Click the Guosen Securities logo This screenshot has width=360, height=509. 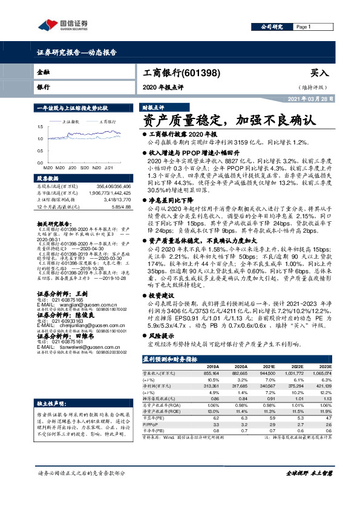pos(62,25)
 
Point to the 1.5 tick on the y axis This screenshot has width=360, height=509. pos(40,126)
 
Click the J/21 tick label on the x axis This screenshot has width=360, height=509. pos(110,167)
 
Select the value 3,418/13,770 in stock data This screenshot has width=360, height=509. pos(125,198)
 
